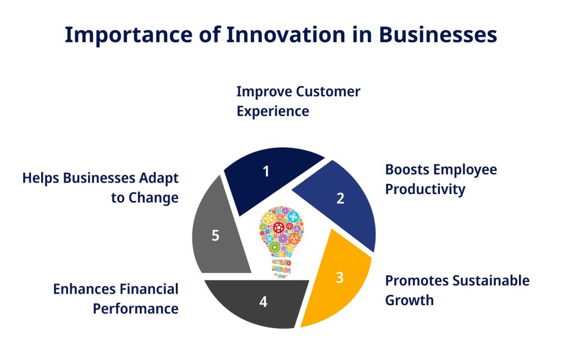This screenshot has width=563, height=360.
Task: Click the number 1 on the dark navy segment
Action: [266, 171]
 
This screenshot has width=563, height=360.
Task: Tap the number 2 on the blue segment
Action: [340, 198]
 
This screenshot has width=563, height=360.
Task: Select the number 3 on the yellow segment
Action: [339, 278]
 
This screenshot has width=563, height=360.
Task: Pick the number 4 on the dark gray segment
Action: [263, 302]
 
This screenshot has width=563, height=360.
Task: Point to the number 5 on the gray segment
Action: [216, 236]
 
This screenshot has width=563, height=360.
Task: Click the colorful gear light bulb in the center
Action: [281, 234]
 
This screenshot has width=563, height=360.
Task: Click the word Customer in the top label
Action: [328, 91]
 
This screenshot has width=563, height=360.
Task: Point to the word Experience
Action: [273, 111]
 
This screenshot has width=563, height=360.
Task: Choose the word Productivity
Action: [425, 189]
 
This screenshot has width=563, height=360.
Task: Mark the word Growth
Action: [409, 300]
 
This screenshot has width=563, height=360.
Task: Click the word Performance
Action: [135, 308]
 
